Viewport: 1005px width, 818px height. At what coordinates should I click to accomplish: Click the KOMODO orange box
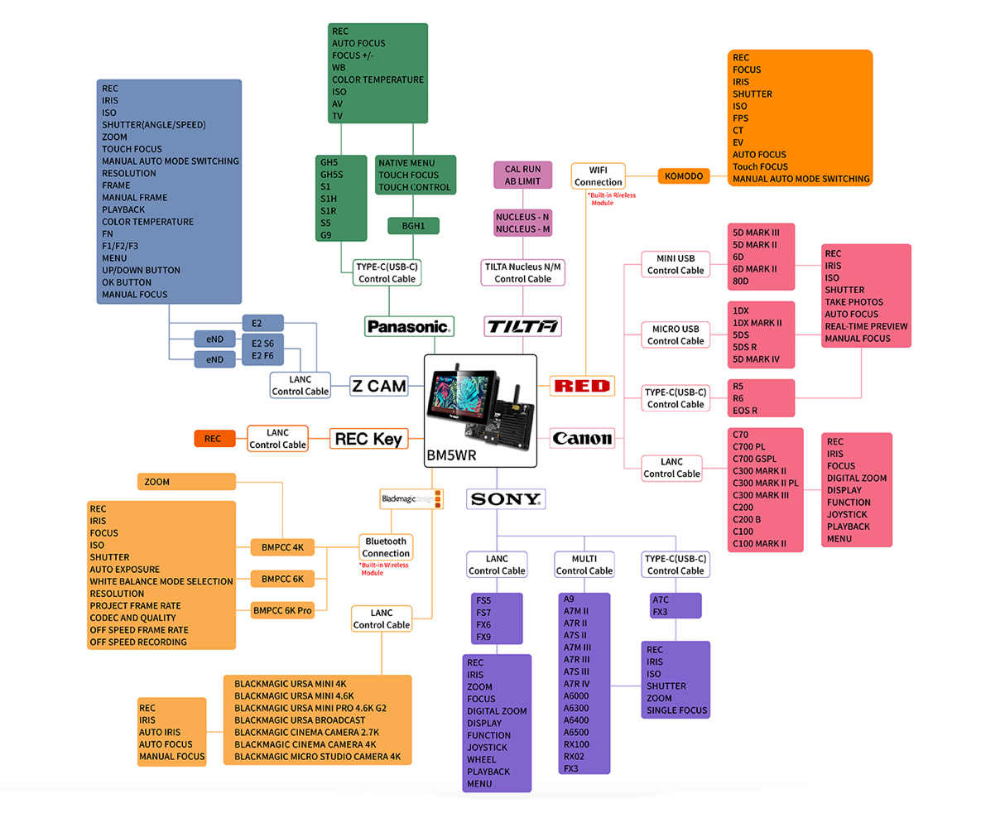684,176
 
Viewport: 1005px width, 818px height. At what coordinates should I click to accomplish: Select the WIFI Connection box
598,176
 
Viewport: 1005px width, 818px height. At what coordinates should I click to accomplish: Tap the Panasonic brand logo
409,326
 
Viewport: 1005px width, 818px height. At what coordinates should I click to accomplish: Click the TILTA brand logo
522,326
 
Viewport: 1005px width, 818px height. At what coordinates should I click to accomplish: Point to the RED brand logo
583,386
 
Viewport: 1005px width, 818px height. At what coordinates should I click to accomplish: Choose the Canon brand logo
583,439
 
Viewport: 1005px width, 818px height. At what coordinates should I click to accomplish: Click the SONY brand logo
506,499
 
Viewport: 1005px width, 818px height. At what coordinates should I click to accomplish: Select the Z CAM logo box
379,386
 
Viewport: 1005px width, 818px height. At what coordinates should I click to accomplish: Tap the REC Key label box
368,439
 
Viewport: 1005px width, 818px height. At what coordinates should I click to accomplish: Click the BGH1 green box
413,225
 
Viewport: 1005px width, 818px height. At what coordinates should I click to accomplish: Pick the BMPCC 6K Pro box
282,610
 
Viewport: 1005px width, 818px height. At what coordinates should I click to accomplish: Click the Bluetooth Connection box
386,547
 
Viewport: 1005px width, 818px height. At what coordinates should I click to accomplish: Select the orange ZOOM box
186,482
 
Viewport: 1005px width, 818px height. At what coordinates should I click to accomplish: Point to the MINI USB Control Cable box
676,264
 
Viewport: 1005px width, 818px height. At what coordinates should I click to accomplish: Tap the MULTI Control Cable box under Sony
584,565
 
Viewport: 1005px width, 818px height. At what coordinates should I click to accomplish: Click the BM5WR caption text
451,455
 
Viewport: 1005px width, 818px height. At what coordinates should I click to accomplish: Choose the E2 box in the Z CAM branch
262,323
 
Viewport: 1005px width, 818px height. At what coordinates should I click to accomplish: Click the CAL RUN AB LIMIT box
522,176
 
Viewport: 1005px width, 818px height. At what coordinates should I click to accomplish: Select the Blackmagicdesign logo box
411,499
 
